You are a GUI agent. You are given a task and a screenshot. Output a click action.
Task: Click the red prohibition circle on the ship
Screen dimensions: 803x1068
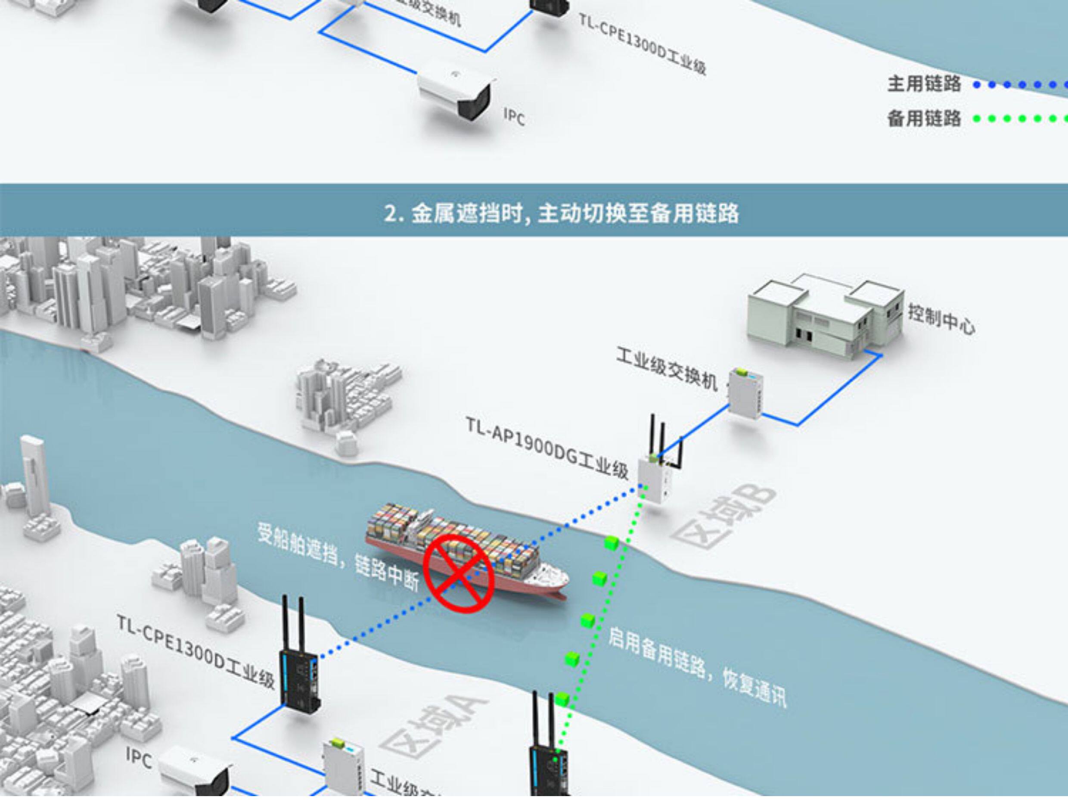click(x=459, y=573)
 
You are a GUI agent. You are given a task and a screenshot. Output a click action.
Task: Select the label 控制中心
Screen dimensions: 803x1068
click(x=941, y=319)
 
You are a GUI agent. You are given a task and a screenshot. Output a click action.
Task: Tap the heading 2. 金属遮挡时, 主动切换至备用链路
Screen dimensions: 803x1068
click(x=562, y=213)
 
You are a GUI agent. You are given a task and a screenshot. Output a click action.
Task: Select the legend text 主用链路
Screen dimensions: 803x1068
click(x=924, y=84)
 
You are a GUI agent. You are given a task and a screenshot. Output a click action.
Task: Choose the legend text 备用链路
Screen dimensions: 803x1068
click(x=924, y=118)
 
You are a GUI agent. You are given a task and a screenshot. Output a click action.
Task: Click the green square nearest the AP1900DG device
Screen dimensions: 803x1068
click(x=611, y=543)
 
